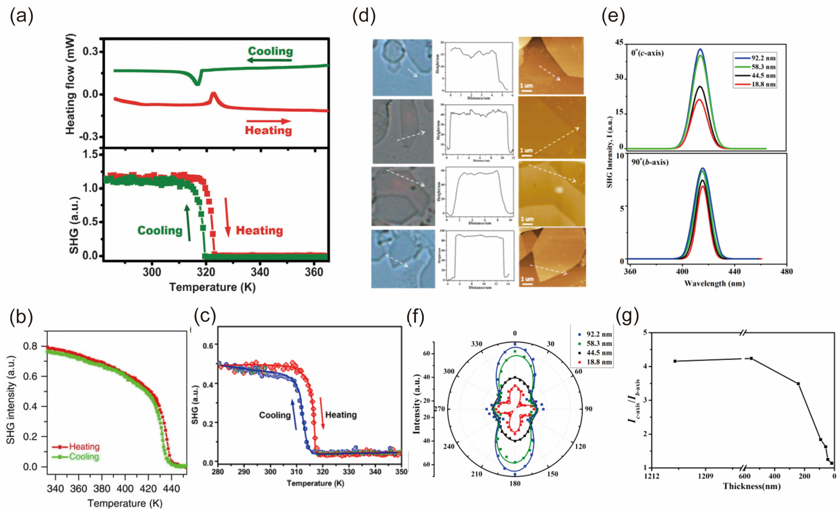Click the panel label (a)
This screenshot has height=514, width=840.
click(x=21, y=16)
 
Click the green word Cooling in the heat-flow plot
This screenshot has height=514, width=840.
click(x=270, y=51)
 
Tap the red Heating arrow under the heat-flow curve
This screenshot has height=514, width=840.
click(x=269, y=121)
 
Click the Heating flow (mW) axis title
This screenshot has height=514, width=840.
click(x=70, y=84)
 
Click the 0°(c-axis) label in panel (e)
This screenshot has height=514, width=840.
click(x=647, y=53)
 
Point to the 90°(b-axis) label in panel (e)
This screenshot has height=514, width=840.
click(x=649, y=162)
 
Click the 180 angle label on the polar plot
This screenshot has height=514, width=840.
click(x=514, y=483)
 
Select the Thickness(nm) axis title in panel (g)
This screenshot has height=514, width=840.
click(x=752, y=486)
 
